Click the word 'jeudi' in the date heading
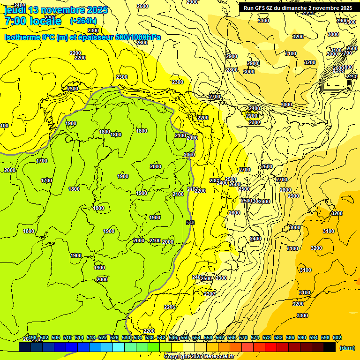point(15,10)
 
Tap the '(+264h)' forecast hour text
point(83,21)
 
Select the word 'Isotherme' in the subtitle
point(22,37)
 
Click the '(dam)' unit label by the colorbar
point(346,347)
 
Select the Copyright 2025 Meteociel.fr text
point(199,357)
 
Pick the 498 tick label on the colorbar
point(32,337)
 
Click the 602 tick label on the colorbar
point(337,337)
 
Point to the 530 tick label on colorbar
point(126,337)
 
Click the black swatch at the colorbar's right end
point(330,347)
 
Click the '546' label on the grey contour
point(190,222)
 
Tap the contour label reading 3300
point(302,315)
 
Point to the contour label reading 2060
point(189,155)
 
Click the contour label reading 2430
point(352,76)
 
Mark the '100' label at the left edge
point(4,126)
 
